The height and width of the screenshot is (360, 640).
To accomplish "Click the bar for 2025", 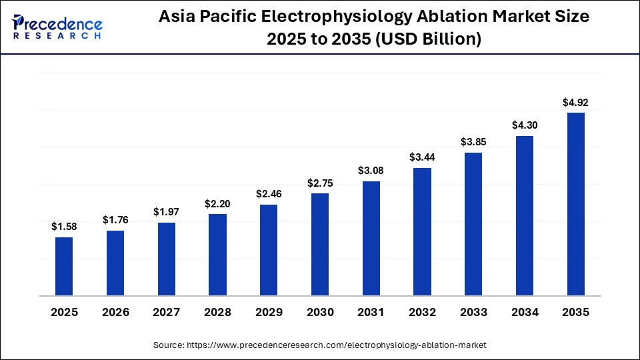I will point(64,266).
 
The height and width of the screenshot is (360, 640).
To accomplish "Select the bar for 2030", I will point(320,244).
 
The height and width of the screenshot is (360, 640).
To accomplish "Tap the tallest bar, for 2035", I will point(575,204).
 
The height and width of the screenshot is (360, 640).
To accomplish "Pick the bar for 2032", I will point(422,231).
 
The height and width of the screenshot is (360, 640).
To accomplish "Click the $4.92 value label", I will point(575,103).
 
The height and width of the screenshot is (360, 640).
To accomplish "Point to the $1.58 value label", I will point(64,227).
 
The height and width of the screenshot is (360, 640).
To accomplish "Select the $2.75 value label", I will point(320,183).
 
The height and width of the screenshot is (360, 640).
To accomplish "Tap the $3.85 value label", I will point(473,142).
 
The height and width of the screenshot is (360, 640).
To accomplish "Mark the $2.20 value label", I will point(217,203).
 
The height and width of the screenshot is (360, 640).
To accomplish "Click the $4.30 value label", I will point(525,125).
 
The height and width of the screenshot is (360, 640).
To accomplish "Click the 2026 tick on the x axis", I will point(115,312).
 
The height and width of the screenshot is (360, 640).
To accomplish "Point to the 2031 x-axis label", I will point(371,312).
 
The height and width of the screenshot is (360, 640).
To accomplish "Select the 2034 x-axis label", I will point(525,312).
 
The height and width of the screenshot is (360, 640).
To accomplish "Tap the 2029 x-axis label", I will point(269,312).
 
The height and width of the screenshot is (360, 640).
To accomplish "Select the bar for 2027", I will point(167,259).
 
